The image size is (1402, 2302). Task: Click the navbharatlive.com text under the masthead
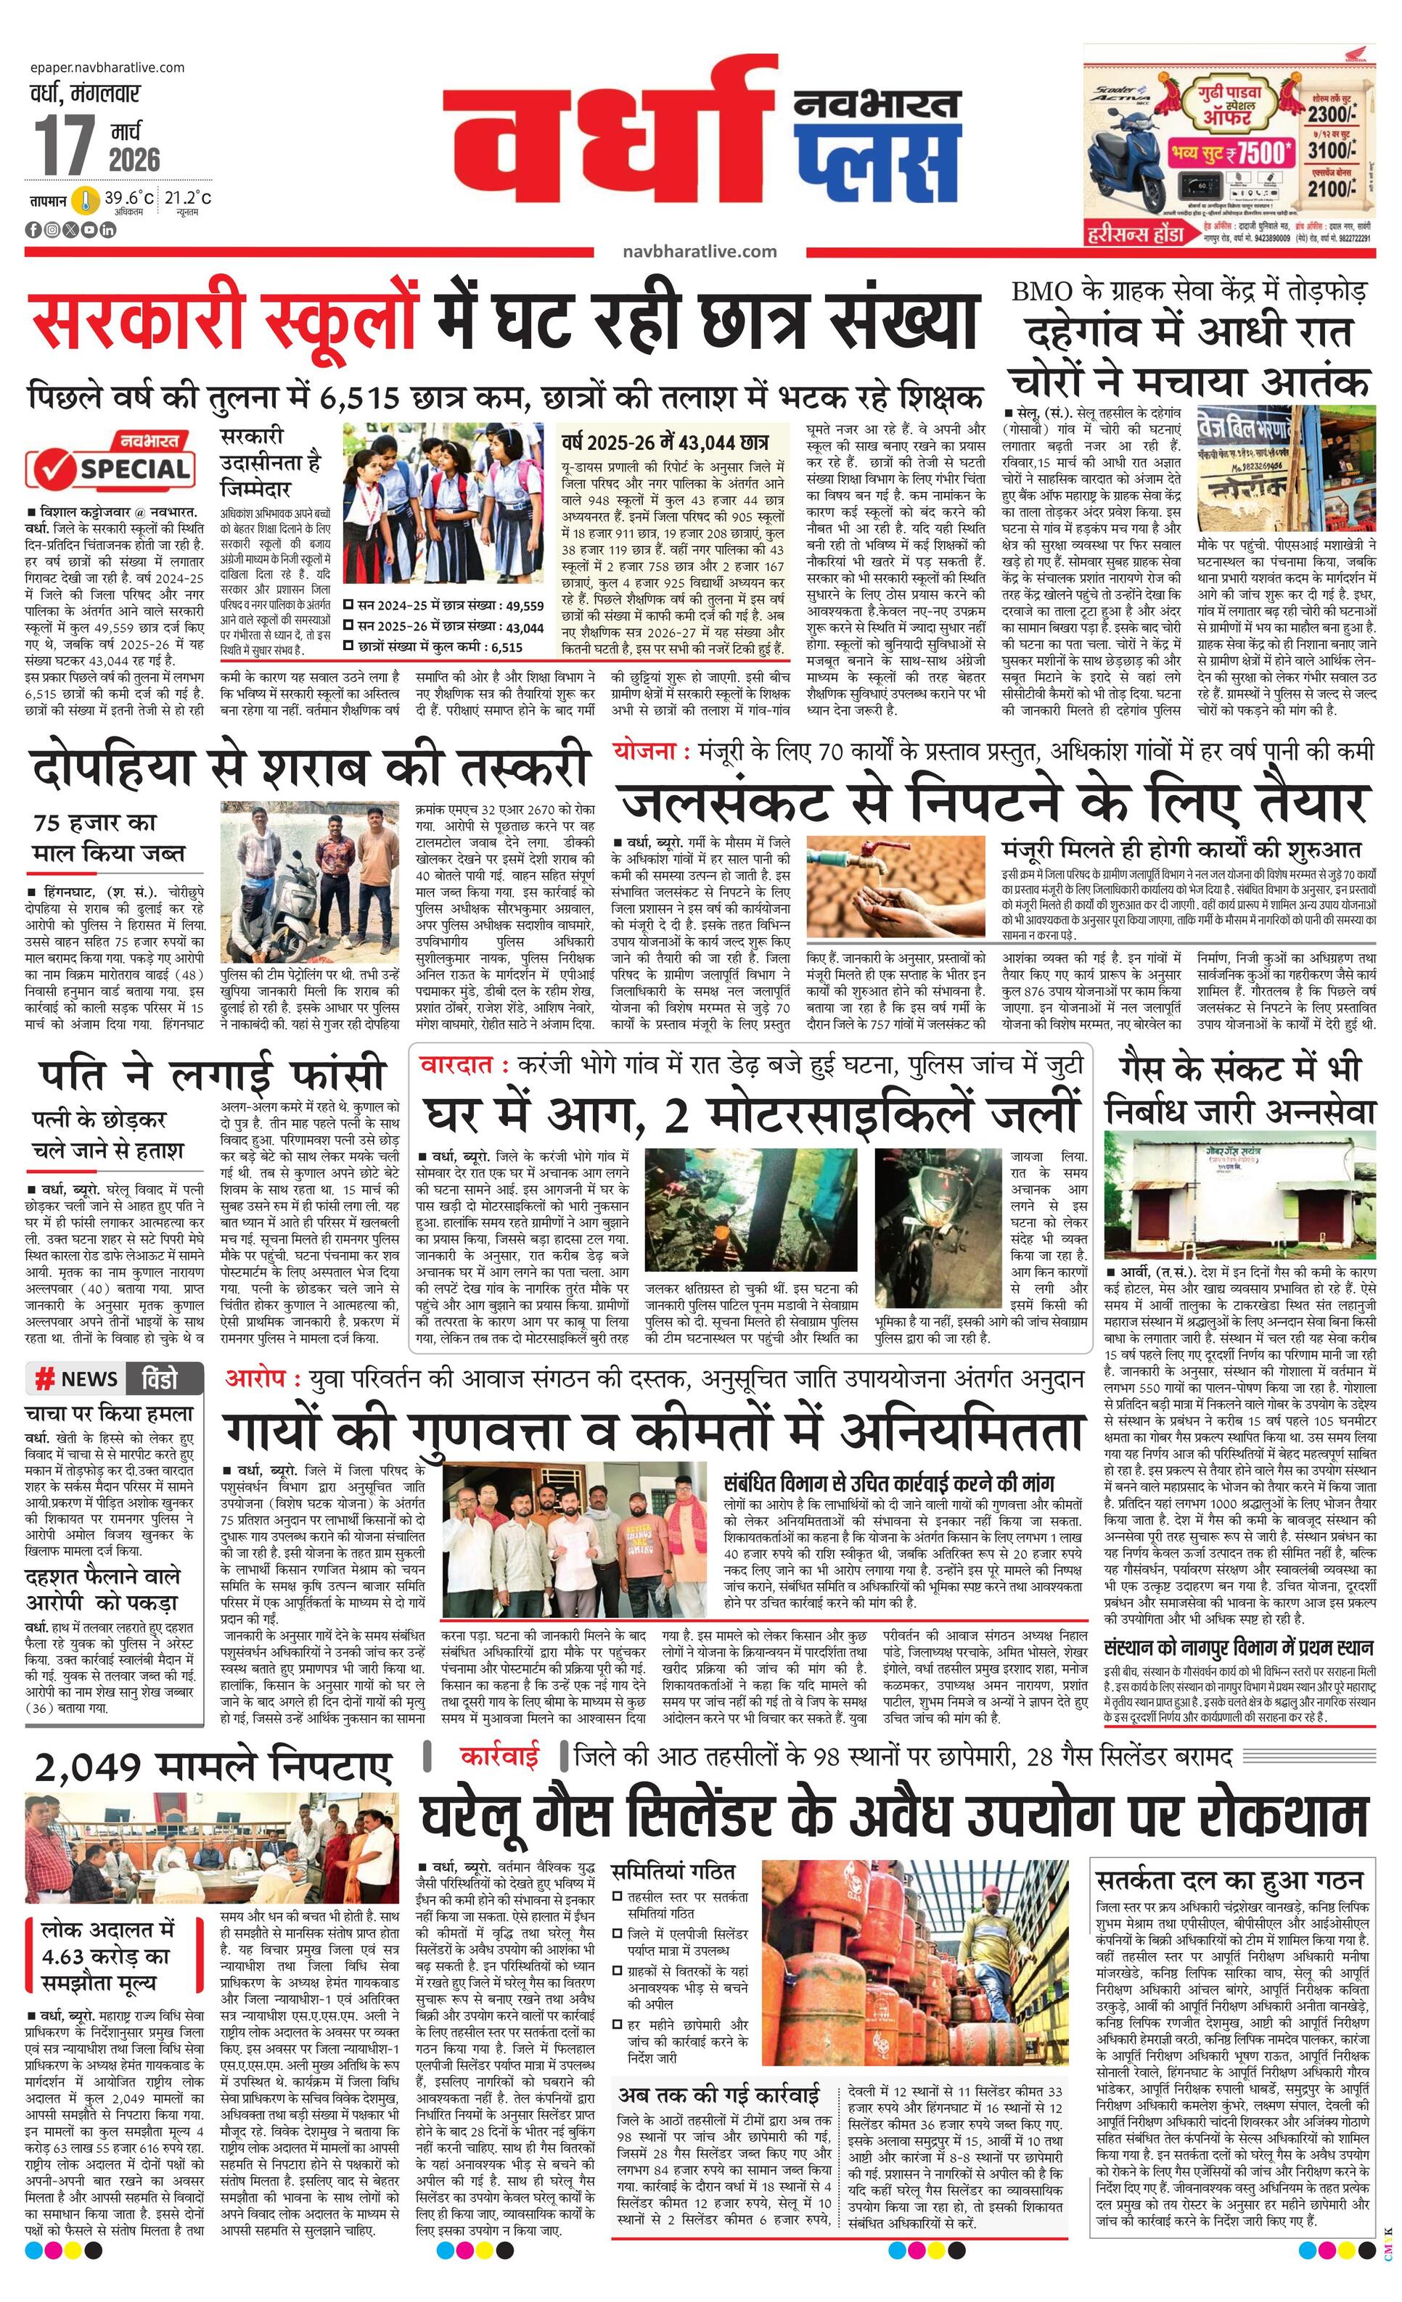click(x=699, y=251)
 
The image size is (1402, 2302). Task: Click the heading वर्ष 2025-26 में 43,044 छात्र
click(x=663, y=441)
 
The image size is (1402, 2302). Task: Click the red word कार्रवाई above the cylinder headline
click(x=500, y=1757)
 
